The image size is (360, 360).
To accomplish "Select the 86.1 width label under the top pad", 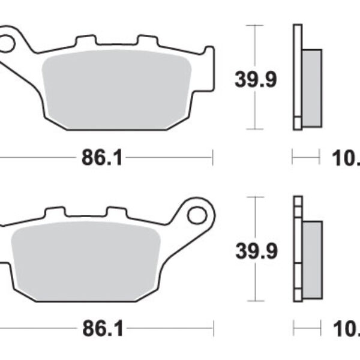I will coord(102,158).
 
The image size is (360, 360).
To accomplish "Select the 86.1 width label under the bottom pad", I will coord(102,328).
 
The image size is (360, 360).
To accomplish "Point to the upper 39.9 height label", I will coord(256,79).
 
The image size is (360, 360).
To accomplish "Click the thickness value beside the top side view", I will coord(347,158).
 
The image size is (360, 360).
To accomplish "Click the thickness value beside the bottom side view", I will coord(347,328).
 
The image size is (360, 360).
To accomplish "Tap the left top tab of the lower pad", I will coord(55,212).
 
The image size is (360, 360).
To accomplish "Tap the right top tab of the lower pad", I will coord(116,212).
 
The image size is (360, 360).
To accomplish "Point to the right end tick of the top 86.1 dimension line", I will coord(212,158).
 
